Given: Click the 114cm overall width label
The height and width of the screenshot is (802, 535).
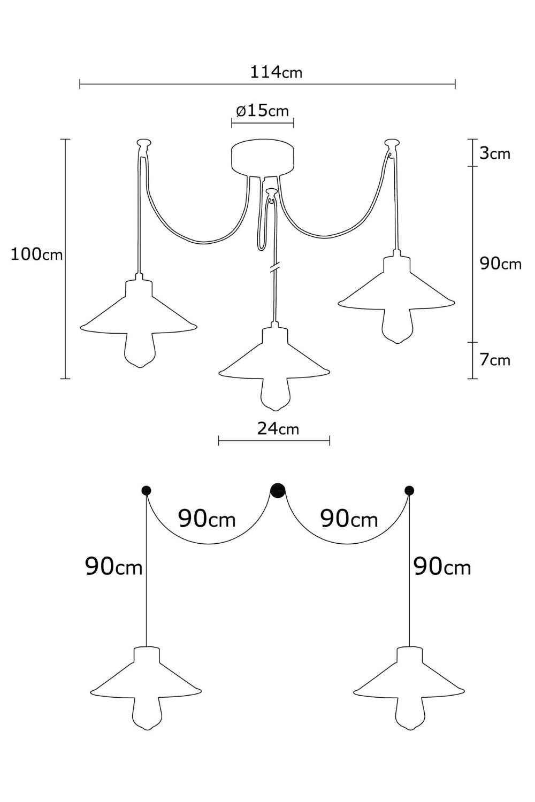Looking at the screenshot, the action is pos(276,72).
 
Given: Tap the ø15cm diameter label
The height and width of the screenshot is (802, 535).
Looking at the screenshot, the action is pos(262,111).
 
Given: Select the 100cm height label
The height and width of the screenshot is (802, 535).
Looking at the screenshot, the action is pos(37,255).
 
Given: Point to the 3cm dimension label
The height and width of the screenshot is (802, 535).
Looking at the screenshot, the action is pos(495,153).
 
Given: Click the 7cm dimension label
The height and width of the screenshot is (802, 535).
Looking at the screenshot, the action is pos(495,360).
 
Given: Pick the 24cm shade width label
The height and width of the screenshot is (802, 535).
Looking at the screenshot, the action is pos(278,429).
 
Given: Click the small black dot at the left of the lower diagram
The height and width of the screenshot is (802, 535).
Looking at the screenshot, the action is pos(146,490).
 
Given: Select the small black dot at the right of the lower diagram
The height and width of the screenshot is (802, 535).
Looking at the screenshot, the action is pos(409,490).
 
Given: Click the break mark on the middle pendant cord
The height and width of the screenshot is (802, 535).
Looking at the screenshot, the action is pos(274,268).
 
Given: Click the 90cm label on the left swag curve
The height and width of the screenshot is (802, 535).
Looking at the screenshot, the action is pos(207,519).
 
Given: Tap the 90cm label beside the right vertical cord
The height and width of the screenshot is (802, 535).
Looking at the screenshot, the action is pos(442,567).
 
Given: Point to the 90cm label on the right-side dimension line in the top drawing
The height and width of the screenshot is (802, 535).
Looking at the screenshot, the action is pos(501,264).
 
